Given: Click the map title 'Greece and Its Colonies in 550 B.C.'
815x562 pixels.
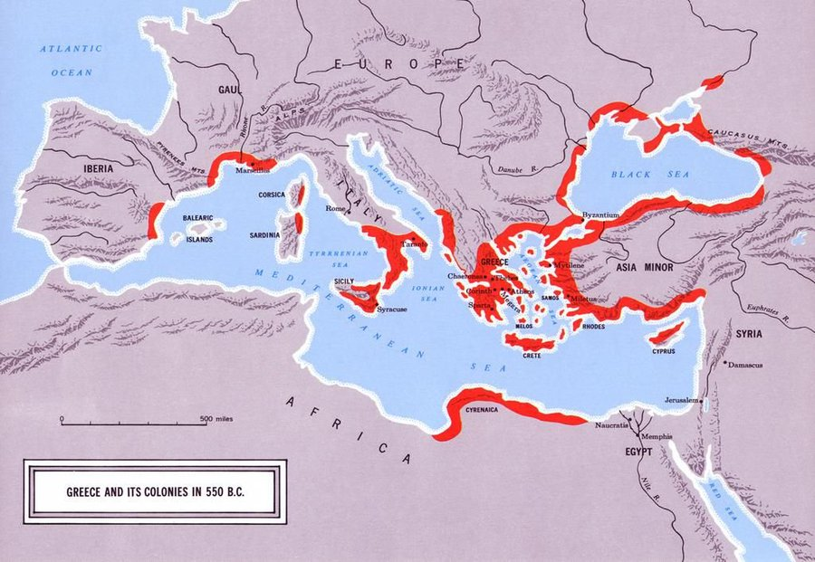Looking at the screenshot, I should pos(156,493).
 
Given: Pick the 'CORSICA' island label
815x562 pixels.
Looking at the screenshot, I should pos(266,195).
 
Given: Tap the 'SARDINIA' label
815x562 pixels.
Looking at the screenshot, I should pos(264,235).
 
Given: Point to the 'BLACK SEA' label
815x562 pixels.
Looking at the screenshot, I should pos(639,174).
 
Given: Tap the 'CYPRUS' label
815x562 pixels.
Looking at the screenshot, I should pos(664,350).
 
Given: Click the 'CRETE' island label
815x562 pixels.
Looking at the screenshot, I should pos(532,356).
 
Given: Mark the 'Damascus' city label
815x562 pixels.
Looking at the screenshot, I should pos(748,365).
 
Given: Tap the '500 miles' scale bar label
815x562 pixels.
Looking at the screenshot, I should pos(218,418).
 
